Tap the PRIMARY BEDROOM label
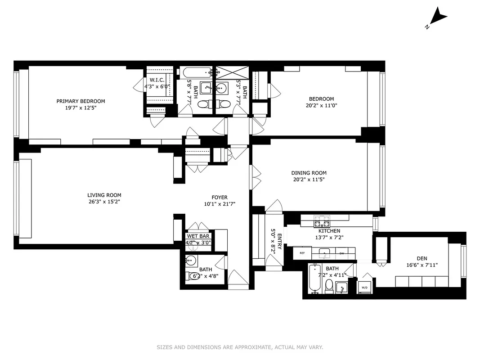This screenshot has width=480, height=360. click(x=81, y=101)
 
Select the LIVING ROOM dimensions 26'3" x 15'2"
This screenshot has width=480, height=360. click(x=104, y=202)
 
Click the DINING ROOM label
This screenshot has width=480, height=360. click(x=309, y=173)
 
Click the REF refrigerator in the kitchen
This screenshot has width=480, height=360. click(x=302, y=253)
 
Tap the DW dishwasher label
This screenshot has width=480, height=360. click(x=342, y=253)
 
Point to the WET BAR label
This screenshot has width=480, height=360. click(x=198, y=236)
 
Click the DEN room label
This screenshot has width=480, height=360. click(x=422, y=258)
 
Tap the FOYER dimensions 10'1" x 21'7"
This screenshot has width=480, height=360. click(x=220, y=204)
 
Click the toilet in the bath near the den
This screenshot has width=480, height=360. click(x=329, y=286)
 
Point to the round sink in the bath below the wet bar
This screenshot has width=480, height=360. click(x=191, y=260)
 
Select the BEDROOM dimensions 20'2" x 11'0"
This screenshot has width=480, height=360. click(x=321, y=106)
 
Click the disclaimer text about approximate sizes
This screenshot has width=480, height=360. click(x=240, y=347)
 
